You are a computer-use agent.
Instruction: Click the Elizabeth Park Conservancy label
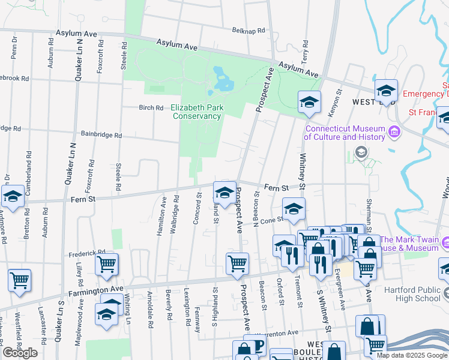pos(196,112)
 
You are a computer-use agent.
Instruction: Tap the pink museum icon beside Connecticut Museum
pos(394,131)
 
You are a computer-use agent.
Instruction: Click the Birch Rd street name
pos(151,108)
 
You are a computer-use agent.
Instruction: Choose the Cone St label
pos(271,220)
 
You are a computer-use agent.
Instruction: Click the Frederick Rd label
pos(87,253)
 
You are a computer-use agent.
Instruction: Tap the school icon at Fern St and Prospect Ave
pos(224,192)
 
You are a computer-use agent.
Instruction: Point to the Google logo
pos(20,353)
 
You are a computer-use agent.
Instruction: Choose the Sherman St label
pos(369,214)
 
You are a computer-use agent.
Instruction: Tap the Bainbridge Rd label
pos(101,135)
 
